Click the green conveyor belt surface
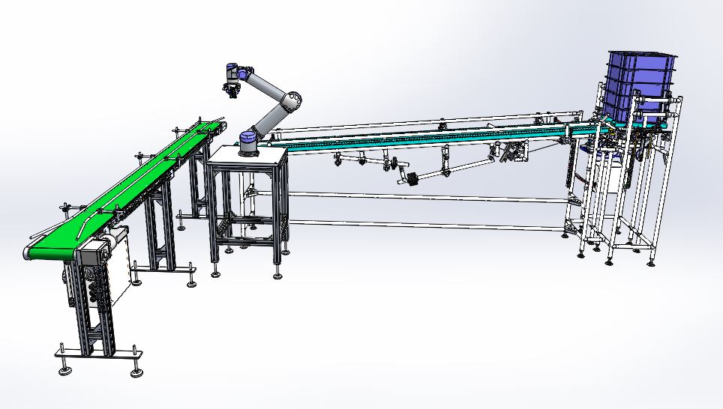[x=112, y=195]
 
